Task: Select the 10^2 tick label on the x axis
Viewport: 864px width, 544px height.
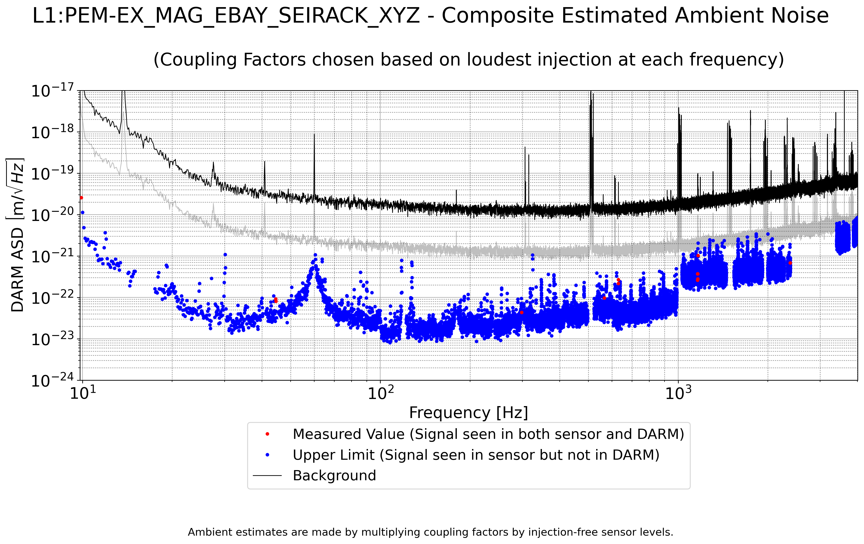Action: (x=380, y=393)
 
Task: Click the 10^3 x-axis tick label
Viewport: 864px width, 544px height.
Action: (x=678, y=393)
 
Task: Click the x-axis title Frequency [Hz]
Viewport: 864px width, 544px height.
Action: (x=468, y=413)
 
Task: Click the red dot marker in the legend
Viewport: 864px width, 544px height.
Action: (x=267, y=434)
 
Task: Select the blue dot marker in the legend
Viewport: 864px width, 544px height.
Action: (x=267, y=455)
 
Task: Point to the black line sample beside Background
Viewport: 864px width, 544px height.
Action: (x=267, y=476)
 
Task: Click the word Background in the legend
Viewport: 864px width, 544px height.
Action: (x=334, y=476)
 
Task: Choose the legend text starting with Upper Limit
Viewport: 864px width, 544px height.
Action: (x=476, y=455)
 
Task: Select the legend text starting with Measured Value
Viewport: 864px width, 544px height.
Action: (x=488, y=434)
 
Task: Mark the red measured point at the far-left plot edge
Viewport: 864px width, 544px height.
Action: (x=81, y=198)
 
